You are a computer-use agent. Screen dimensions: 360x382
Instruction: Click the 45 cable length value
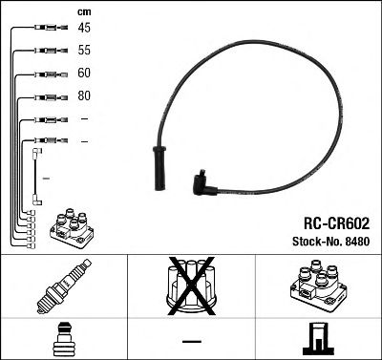click(x=85, y=28)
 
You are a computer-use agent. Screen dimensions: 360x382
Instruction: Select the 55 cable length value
click(x=85, y=51)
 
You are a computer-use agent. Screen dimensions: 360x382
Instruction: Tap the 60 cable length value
click(x=85, y=73)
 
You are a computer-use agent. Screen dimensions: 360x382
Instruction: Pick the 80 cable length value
click(x=85, y=95)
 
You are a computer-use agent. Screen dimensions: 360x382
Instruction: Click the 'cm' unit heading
click(x=83, y=11)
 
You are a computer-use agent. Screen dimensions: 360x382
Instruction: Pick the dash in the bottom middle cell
click(x=191, y=340)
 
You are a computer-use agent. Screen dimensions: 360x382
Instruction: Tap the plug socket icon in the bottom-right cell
click(x=317, y=339)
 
